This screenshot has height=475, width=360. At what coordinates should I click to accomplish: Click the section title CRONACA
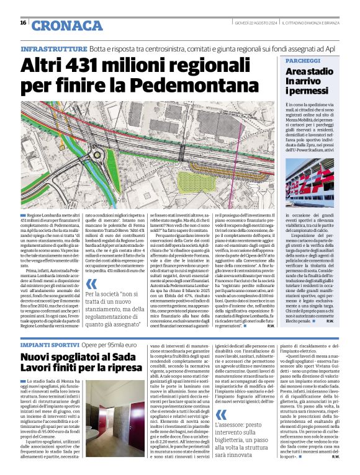[x=67, y=25]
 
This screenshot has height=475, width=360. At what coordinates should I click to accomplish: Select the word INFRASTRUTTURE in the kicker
[x=53, y=48]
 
